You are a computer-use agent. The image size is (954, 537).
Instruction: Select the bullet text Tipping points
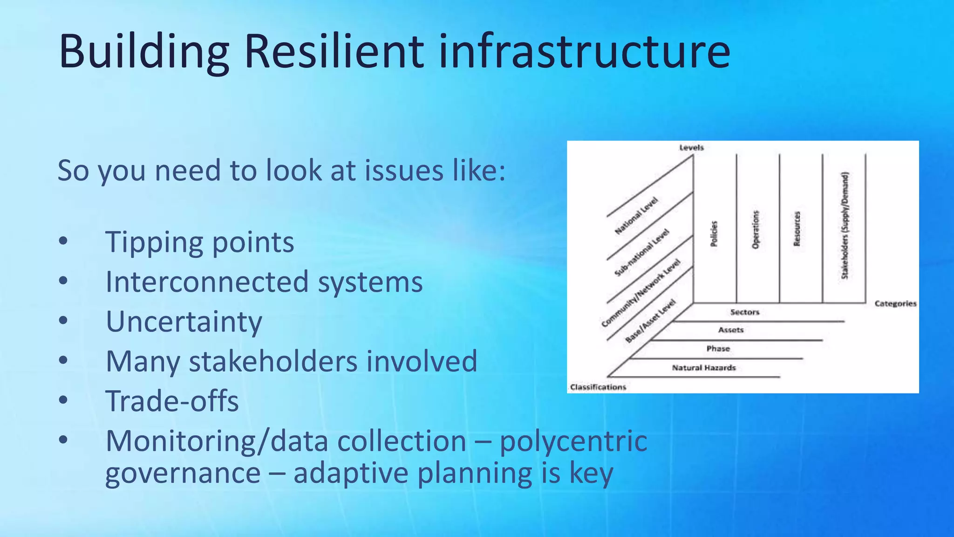(x=200, y=242)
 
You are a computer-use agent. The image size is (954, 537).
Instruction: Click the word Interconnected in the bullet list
(x=207, y=282)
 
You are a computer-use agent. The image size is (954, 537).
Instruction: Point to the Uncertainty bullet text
(x=184, y=322)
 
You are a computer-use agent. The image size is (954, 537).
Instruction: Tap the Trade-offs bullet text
(x=172, y=401)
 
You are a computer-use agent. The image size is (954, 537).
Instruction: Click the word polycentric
(x=573, y=441)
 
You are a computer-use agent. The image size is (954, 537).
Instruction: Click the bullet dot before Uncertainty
(x=63, y=321)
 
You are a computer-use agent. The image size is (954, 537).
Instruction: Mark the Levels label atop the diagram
(x=691, y=148)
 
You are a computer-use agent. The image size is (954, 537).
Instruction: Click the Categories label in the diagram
(x=895, y=303)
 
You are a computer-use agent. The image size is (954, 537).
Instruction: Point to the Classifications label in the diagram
(x=598, y=387)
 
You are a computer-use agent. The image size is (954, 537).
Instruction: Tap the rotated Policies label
(x=714, y=234)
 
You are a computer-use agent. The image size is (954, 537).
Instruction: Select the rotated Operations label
(x=756, y=229)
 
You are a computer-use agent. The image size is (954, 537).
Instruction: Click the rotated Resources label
(x=797, y=228)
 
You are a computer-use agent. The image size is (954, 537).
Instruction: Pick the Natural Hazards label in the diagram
(x=703, y=368)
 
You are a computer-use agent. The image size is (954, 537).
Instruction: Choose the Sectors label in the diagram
(x=744, y=312)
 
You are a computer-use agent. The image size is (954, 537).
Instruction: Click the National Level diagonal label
(x=636, y=215)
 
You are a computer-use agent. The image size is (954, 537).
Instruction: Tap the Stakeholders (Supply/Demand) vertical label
(x=845, y=226)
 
